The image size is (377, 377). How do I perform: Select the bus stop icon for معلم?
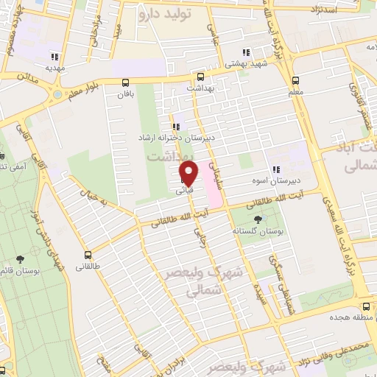click(295, 80)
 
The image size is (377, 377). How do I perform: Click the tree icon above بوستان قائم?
click(20, 258)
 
